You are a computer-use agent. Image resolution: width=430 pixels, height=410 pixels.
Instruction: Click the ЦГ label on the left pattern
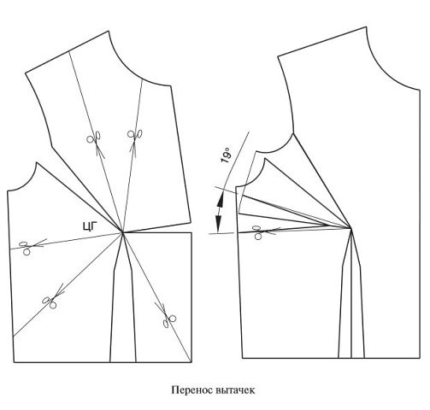(x=90, y=226)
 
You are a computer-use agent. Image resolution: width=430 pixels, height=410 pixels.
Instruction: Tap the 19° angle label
(x=226, y=155)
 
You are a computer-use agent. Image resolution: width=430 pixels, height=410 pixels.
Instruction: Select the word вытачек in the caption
(x=235, y=390)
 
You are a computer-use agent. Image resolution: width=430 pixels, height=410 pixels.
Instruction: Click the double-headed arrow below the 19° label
(x=219, y=211)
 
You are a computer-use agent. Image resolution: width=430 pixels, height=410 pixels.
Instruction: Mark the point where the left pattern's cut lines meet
(x=123, y=232)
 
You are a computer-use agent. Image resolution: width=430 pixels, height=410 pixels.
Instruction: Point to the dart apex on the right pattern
(x=351, y=228)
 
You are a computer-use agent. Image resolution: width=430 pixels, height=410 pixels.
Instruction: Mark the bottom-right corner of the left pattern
(x=191, y=362)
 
